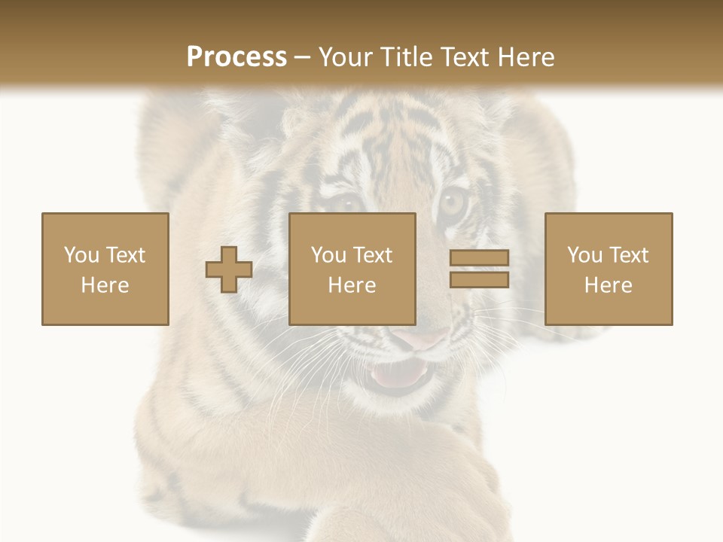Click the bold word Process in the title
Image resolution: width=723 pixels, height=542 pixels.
pos(236,57)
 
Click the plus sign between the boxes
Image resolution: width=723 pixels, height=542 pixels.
pos(229,269)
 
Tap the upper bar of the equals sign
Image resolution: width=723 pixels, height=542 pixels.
pos(479,257)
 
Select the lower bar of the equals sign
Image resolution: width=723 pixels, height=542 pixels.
pos(479,279)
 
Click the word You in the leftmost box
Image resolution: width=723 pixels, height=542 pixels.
pos(81,255)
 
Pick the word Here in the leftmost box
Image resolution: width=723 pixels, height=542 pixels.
pos(105,285)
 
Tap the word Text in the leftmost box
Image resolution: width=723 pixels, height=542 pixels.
pos(125,255)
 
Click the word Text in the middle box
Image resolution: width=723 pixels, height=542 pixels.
pos(373,255)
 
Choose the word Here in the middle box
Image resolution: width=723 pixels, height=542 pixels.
pos(352,285)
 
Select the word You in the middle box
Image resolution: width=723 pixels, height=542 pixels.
pos(328,255)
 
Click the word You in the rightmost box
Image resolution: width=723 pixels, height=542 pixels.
pos(584,255)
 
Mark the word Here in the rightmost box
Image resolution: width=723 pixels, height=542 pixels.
pos(608,285)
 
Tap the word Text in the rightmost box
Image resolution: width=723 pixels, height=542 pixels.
pos(629,255)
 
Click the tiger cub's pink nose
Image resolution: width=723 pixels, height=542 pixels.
pos(422,339)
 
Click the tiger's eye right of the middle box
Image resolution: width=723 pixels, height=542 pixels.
pos(453,202)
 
